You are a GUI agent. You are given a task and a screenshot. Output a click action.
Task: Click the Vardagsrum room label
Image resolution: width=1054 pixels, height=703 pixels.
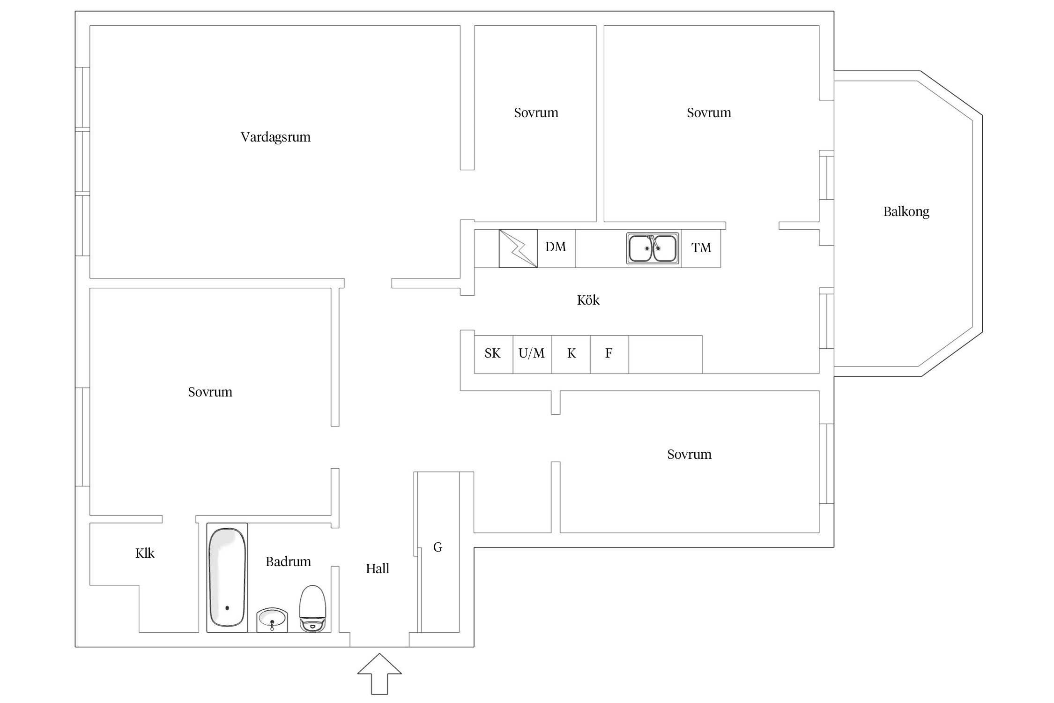pyautogui.click(x=275, y=137)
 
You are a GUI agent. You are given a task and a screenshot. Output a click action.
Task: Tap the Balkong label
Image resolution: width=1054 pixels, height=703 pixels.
pyautogui.click(x=906, y=212)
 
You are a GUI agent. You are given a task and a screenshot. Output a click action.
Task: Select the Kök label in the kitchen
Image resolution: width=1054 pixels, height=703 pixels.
pyautogui.click(x=588, y=300)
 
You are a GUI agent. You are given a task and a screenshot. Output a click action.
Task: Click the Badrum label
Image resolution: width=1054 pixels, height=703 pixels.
pyautogui.click(x=288, y=561)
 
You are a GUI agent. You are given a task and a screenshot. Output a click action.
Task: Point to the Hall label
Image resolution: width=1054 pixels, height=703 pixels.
pyautogui.click(x=378, y=568)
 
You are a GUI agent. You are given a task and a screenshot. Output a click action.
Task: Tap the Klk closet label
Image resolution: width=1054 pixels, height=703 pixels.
pyautogui.click(x=145, y=553)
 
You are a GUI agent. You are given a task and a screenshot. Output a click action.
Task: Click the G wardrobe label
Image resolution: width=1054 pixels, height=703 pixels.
pyautogui.click(x=438, y=547)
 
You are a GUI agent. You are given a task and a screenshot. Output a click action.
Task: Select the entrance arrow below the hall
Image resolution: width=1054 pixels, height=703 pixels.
pyautogui.click(x=379, y=674)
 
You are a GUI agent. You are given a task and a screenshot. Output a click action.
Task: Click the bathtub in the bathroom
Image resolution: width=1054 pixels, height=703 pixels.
pyautogui.click(x=227, y=577)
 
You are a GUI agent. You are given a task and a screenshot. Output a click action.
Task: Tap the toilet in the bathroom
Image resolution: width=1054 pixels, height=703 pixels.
pyautogui.click(x=312, y=608)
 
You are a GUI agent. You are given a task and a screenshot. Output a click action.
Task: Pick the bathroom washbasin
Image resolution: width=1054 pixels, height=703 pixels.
pyautogui.click(x=272, y=620)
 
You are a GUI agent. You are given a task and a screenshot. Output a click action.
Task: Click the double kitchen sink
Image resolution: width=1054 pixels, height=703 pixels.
pyautogui.click(x=653, y=248)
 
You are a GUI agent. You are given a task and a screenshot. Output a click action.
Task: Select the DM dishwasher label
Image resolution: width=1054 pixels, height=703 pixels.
pyautogui.click(x=556, y=247)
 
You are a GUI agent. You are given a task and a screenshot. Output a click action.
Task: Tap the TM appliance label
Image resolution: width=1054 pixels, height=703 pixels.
pyautogui.click(x=701, y=247)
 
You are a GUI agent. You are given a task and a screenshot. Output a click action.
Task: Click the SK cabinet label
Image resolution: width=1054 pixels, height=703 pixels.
pyautogui.click(x=492, y=353)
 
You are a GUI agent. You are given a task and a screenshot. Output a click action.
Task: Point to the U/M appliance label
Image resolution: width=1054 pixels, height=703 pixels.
pyautogui.click(x=532, y=353)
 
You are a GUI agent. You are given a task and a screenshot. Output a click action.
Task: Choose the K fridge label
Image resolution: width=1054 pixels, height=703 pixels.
pyautogui.click(x=571, y=353)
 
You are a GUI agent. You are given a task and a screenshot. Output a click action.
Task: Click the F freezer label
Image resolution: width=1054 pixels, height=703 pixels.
pyautogui.click(x=609, y=353)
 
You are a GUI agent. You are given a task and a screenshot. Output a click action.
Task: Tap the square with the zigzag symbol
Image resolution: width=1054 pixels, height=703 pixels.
pyautogui.click(x=518, y=248)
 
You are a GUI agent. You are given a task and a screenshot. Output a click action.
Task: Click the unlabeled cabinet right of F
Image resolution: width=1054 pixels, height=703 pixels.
pyautogui.click(x=665, y=354)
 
